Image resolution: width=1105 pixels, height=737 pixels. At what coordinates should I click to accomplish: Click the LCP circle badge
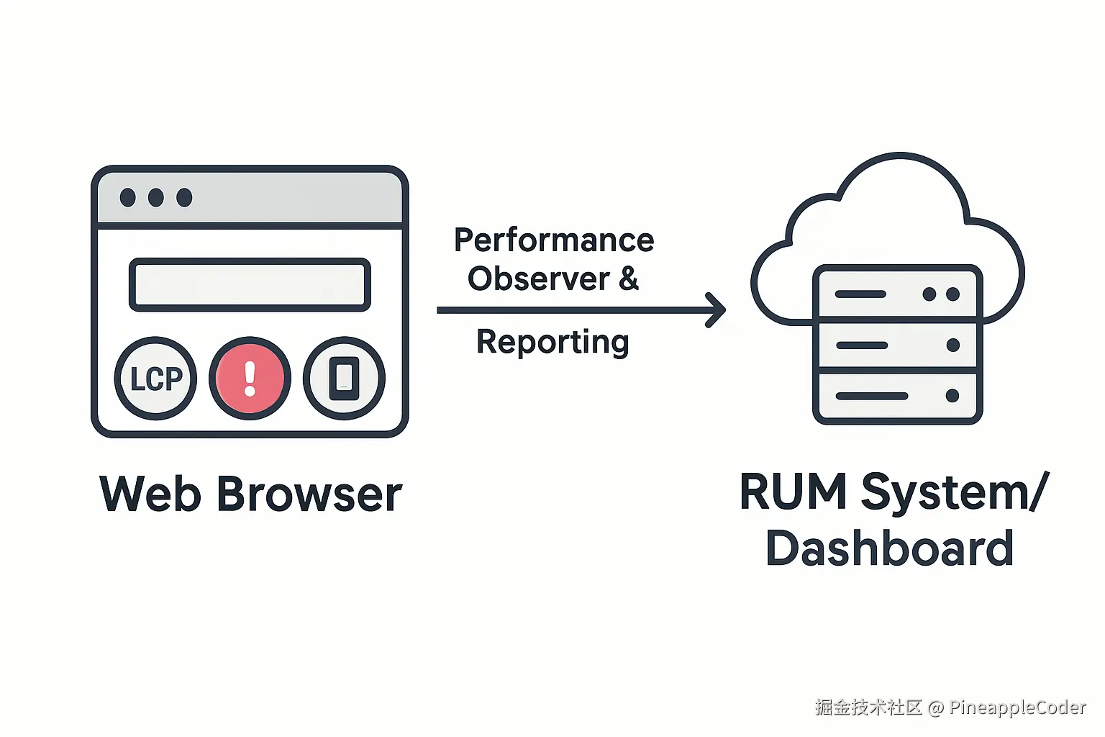point(155,378)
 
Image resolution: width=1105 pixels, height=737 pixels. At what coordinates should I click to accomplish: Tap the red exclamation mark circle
point(250,378)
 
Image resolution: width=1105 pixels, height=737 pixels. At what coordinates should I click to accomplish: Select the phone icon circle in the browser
point(344,378)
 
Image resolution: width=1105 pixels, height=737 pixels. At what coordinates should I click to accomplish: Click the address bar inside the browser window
point(250,284)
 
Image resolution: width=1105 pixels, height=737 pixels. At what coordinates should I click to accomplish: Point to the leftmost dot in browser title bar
point(128,197)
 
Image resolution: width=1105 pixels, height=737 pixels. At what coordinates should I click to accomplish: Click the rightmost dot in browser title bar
point(184,197)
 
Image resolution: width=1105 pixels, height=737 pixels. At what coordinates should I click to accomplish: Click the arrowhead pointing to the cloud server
point(716,310)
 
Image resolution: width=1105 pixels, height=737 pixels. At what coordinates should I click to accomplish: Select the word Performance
point(553,240)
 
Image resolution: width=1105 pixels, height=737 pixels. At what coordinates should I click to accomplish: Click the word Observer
point(538,279)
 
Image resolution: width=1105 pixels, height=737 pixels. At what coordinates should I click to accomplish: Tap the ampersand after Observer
point(629,279)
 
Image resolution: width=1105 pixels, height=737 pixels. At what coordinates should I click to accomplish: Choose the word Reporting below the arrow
point(552,342)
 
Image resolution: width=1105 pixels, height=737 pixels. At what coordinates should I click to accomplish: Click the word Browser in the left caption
point(309,494)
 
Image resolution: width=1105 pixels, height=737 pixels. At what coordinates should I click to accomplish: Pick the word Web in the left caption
point(150,494)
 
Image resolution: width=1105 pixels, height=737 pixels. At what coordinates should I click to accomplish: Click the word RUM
point(793,492)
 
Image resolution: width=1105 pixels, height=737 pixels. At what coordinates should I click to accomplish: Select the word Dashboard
point(890,548)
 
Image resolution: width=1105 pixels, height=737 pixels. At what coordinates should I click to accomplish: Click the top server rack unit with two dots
point(897,294)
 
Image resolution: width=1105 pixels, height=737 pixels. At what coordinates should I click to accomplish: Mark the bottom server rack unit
point(897,396)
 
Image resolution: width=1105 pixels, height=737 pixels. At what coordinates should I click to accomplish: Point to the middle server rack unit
point(897,345)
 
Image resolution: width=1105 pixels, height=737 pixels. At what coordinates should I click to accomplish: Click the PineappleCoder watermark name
point(1017,707)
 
